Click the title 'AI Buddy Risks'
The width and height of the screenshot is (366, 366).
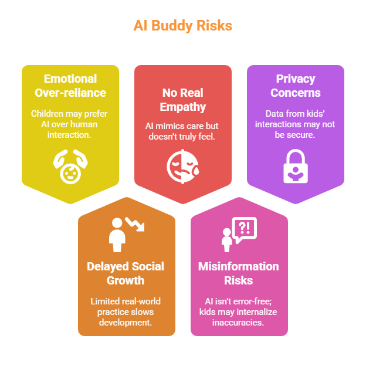click(x=182, y=26)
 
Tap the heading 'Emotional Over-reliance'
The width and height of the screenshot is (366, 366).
click(x=70, y=86)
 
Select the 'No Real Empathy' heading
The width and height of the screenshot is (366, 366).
click(x=182, y=100)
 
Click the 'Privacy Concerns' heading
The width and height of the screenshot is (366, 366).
click(x=296, y=86)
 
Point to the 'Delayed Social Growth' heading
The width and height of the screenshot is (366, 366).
click(x=126, y=273)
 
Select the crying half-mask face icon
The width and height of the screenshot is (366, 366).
click(x=182, y=166)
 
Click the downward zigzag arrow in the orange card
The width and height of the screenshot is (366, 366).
click(x=135, y=224)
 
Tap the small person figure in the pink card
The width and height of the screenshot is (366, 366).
click(x=226, y=240)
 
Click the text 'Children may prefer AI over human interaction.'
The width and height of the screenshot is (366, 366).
click(x=70, y=124)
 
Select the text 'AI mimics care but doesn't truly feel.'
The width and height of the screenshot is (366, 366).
click(x=182, y=131)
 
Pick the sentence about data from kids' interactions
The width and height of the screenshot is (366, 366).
click(x=296, y=124)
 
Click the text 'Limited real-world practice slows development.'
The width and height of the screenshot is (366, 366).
click(x=126, y=311)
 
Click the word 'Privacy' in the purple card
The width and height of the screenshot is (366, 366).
click(x=296, y=79)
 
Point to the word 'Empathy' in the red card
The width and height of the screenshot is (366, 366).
click(x=182, y=107)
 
